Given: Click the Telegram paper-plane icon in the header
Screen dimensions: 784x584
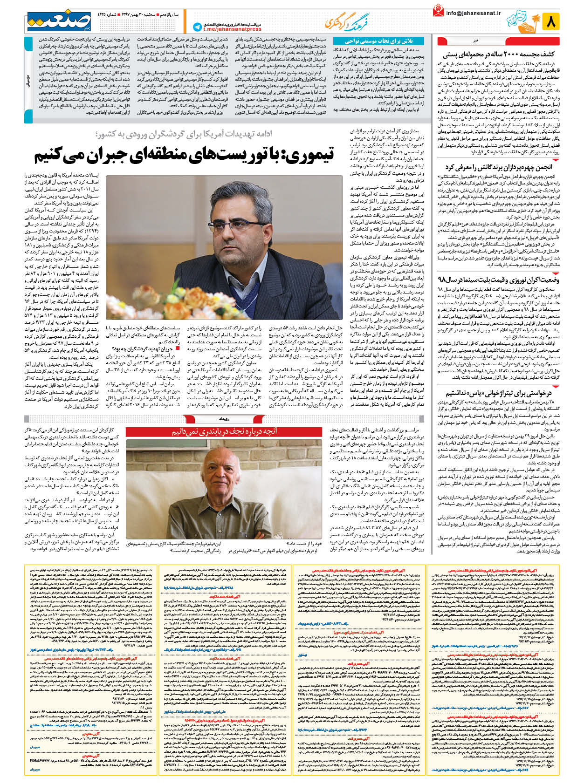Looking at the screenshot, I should point(197,27).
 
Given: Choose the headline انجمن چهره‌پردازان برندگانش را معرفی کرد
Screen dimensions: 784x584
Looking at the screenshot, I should point(498,167).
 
